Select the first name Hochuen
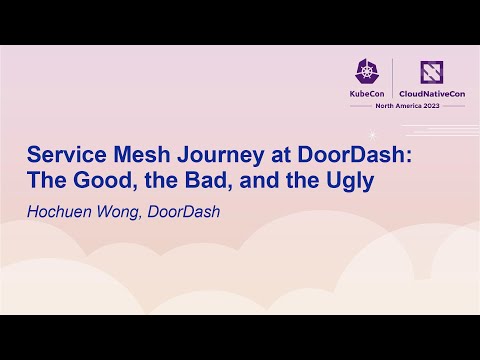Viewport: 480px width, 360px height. pos(61,211)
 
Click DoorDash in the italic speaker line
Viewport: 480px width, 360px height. pos(185,211)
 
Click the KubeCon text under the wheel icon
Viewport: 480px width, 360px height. pos(367,92)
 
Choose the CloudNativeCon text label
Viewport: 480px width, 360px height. pos(432,92)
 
